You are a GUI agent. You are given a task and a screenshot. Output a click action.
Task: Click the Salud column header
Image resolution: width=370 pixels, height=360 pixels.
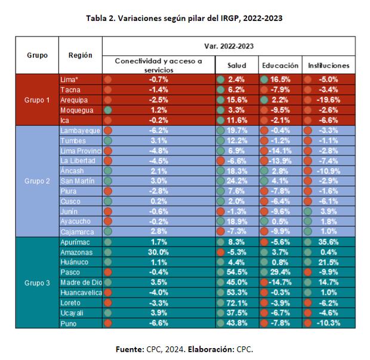pos(237,65)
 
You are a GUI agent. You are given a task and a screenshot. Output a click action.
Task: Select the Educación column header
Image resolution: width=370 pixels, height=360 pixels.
pos(280,65)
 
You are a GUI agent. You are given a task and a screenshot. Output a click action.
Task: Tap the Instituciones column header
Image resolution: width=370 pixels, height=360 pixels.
pos(328,65)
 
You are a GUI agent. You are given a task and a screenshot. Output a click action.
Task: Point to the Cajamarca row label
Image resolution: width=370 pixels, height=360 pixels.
pos(78,231)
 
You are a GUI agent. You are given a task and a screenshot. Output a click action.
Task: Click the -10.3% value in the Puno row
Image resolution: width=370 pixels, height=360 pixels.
pos(329,323)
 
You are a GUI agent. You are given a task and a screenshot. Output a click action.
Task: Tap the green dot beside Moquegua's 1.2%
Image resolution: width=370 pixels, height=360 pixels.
pos(108,110)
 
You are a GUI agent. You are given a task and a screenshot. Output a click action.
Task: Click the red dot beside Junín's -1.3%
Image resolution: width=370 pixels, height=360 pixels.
pos(221,211)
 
